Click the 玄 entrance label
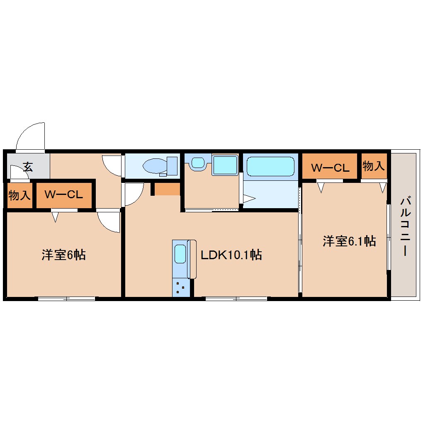coord(28,167)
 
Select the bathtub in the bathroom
coord(270,166)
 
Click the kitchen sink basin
coord(180,254)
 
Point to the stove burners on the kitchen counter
coord(180,287)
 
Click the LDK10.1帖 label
coord(231,255)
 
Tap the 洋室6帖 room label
coord(63,255)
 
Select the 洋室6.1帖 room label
coord(349,241)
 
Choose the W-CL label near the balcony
coord(330,168)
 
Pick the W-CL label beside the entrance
coord(64,194)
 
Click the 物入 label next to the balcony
coord(373,166)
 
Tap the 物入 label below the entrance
coord(19,195)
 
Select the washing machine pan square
coord(225,165)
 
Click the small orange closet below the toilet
coord(167,189)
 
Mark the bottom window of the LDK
coord(236,298)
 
